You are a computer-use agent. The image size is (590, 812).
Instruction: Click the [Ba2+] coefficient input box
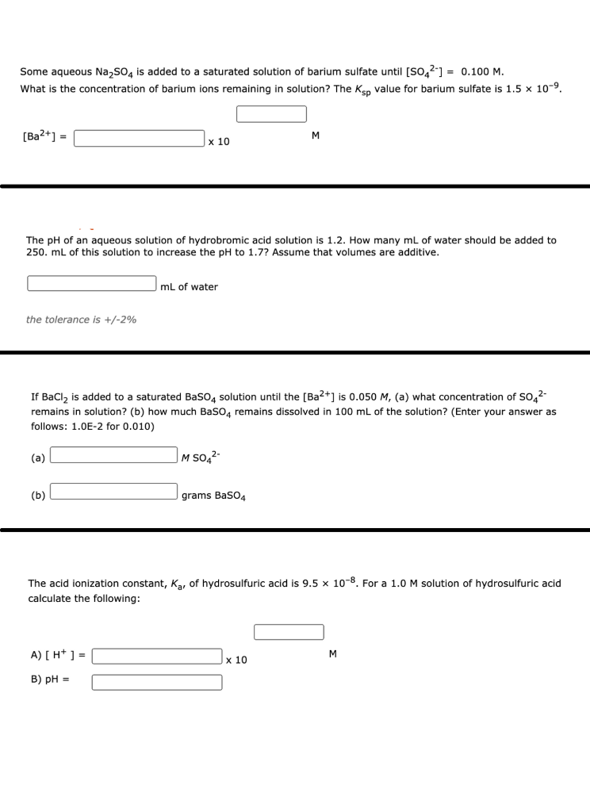click(x=140, y=139)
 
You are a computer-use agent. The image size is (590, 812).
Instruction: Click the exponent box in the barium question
click(x=271, y=114)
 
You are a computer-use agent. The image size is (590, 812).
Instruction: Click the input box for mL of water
click(x=92, y=284)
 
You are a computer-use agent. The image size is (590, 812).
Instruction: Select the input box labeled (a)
click(x=114, y=455)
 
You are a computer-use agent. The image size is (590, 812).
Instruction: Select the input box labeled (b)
click(x=114, y=492)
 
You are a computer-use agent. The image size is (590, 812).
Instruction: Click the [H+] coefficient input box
click(x=157, y=657)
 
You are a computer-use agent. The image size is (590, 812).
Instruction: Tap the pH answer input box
click(x=157, y=682)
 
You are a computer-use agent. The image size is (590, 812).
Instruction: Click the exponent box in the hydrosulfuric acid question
click(x=289, y=632)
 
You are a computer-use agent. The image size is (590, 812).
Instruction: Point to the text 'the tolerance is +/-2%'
click(x=81, y=320)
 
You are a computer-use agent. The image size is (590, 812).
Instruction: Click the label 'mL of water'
click(x=189, y=286)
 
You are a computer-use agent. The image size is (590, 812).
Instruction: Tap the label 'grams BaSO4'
click(x=213, y=496)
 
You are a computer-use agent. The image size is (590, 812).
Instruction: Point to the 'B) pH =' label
click(x=50, y=680)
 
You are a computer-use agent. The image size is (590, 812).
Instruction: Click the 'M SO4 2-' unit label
click(x=201, y=457)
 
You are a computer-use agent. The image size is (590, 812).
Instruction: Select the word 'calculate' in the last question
click(x=51, y=599)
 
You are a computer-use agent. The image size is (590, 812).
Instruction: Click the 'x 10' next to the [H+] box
click(x=236, y=660)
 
